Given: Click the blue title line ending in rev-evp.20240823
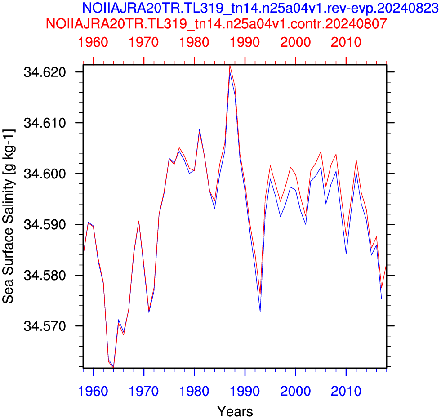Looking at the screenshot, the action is coord(260,8).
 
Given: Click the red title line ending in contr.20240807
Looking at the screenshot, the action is coord(216,24).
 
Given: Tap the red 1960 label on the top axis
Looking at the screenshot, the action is coord(93,42).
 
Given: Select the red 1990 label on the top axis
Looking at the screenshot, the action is coord(245,42).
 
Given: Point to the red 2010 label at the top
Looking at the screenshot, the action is coord(346,42).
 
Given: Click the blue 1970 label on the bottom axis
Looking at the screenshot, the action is coord(143,391).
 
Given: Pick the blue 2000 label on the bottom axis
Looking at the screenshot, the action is coord(295,391).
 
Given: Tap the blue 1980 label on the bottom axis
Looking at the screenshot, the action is coord(194,391).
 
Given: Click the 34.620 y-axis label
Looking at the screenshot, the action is coord(45,72).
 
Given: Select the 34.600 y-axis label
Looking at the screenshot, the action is coord(45,174).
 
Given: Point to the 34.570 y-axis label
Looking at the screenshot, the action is coord(45,326).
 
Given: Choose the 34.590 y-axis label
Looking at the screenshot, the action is coord(45,224).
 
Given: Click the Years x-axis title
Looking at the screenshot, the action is coord(235,411).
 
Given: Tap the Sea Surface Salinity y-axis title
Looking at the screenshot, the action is coord(9,216).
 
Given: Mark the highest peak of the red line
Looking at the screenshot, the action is coord(230,66).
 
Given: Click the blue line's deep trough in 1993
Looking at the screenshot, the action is coord(260,312).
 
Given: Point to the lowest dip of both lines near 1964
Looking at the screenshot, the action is coord(113,367).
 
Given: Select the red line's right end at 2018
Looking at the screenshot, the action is coord(387,265).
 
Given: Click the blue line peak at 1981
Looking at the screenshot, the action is coord(200,129).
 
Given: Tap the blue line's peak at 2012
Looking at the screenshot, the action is coord(356,173).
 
